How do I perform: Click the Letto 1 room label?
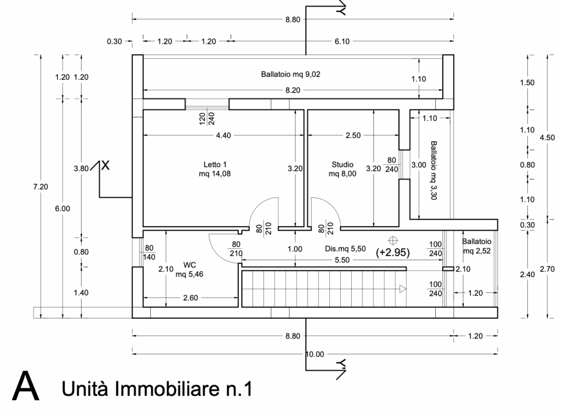pos(215,169)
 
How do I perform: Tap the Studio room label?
pos(342,169)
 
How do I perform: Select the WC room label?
pos(189,270)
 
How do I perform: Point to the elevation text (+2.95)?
pos(392,253)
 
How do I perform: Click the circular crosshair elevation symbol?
pos(393,240)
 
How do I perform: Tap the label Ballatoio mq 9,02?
pos(291,74)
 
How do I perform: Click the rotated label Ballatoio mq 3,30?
pos(434,170)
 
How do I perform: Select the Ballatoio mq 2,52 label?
pos(477,246)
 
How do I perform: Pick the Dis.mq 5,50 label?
pos(345,249)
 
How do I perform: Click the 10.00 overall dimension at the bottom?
pos(314,354)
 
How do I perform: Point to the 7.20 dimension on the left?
pos(41,186)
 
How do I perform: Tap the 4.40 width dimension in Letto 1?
pos(223,135)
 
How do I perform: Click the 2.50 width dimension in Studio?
pos(353,135)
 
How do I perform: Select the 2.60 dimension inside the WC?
pos(190,298)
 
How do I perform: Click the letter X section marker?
pos(105,166)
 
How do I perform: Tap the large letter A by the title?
pos(25,386)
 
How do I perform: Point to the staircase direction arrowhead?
pos(403,288)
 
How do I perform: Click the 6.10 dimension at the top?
pos(342,41)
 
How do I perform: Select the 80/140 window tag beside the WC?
pos(149,253)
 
